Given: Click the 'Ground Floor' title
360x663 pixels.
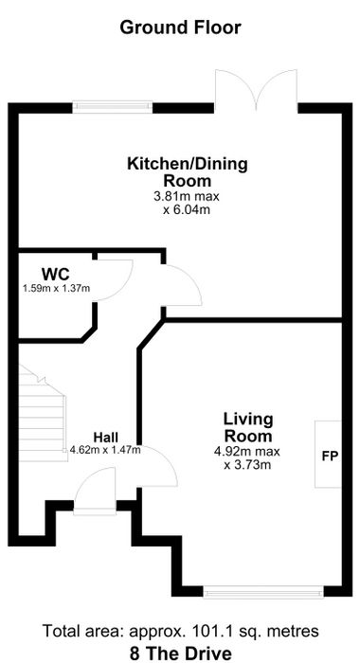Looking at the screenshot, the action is pos(180,27).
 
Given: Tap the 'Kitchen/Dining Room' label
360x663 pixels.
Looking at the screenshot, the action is pos(188,172).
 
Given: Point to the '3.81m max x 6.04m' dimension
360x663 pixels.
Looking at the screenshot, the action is pos(187,203).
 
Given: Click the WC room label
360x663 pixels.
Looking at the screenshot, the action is pos(55,274).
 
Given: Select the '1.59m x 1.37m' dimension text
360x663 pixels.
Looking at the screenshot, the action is pos(56,288).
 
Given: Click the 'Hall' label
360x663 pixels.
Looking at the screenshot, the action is pos(106,437).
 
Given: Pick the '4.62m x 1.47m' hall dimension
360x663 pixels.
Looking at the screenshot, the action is pos(105,450).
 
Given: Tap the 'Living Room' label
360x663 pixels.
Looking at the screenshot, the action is pos(248,427).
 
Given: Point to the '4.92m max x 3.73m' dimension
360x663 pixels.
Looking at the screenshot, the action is pos(247,457).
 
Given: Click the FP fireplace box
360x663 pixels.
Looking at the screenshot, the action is pos(328,454).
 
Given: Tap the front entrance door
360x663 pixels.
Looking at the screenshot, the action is pos(95,491).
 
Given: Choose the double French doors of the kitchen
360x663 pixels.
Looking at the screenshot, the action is pos(256,90).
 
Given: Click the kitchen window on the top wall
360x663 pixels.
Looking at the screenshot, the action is pos(113,106).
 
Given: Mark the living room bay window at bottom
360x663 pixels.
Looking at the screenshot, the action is pos(263,592).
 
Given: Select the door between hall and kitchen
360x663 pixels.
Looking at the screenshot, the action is pos(183,285).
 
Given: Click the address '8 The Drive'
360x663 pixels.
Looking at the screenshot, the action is pos(181,653).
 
